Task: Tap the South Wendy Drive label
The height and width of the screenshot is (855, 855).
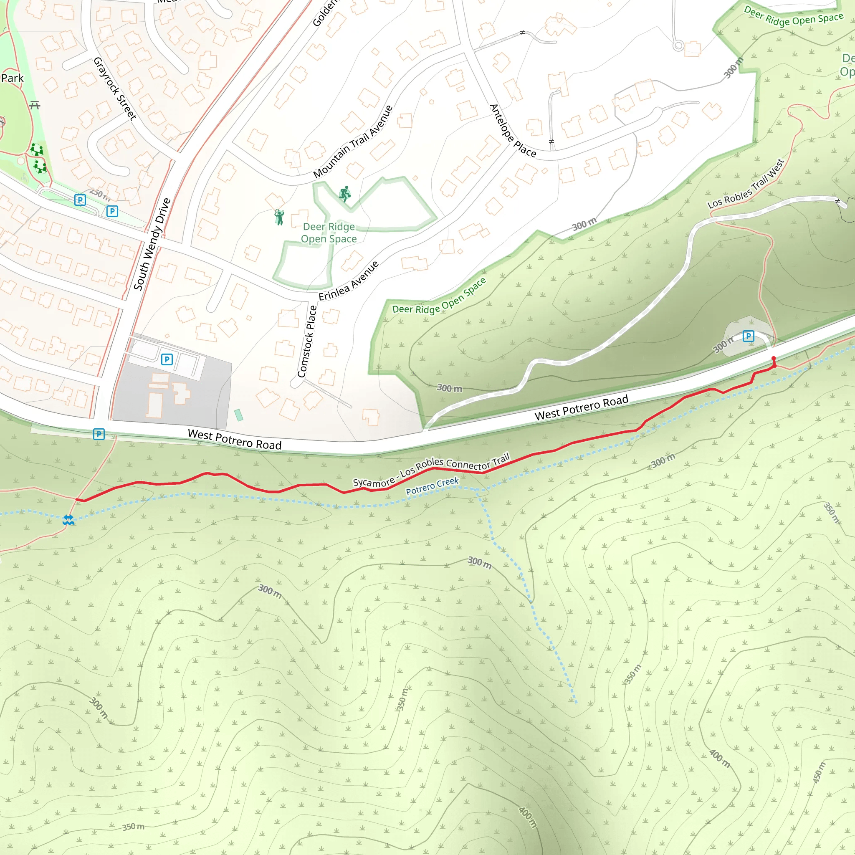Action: click(152, 244)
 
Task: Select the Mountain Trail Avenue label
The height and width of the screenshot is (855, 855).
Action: click(353, 142)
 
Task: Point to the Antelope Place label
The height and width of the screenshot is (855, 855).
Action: click(513, 131)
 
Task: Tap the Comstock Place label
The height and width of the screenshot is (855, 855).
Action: click(307, 341)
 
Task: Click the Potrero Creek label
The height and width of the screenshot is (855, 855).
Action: click(432, 486)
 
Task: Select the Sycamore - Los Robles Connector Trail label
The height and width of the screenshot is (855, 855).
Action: click(432, 470)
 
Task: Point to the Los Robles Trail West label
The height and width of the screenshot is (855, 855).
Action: click(746, 184)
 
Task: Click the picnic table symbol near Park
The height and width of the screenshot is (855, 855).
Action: click(35, 105)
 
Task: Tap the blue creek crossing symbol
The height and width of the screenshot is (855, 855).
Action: click(68, 520)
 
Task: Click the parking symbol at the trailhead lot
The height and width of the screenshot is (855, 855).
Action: click(748, 336)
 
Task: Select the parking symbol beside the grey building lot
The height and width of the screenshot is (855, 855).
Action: click(167, 359)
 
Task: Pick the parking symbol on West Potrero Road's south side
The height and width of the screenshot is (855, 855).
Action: click(99, 434)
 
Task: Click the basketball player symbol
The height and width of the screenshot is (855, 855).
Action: click(345, 193)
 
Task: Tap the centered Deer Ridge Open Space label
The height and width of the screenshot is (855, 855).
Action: click(329, 233)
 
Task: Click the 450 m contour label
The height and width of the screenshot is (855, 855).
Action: click(819, 772)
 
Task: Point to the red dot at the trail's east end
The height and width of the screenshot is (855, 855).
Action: click(774, 358)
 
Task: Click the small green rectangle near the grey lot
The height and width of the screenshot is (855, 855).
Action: click(238, 415)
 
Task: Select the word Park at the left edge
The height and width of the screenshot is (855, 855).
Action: click(12, 78)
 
